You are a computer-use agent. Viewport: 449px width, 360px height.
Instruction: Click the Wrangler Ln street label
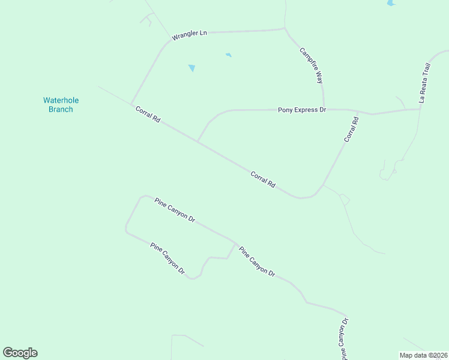(x=189, y=35)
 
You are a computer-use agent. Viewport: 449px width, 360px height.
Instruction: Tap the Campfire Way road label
(x=312, y=65)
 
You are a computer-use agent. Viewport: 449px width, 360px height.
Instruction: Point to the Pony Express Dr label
(x=301, y=110)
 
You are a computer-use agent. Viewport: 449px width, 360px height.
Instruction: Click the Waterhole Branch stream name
(x=61, y=105)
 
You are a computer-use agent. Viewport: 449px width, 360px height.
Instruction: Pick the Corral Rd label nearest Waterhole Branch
(x=148, y=115)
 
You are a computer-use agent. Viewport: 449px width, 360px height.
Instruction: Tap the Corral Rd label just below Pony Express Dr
(x=352, y=130)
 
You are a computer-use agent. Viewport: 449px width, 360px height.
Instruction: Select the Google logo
(x=20, y=353)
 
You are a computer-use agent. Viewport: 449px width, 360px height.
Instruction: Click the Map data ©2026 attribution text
(x=424, y=355)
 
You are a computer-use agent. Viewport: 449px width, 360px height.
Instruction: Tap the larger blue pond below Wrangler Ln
(x=191, y=68)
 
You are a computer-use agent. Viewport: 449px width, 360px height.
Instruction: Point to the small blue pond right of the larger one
(x=228, y=55)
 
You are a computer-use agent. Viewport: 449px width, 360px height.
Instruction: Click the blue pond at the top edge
(x=391, y=3)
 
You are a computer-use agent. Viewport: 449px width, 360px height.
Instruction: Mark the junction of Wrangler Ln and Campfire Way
(x=285, y=28)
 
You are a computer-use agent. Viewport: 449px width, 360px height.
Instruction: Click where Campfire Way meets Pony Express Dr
(x=324, y=109)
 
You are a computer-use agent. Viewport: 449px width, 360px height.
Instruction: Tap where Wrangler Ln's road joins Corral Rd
(x=131, y=104)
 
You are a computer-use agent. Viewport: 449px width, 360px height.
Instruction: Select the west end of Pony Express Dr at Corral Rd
(x=197, y=142)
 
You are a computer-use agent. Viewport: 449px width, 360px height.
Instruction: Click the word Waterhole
(x=61, y=100)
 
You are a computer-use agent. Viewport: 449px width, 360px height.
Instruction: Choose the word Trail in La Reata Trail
(x=427, y=73)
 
